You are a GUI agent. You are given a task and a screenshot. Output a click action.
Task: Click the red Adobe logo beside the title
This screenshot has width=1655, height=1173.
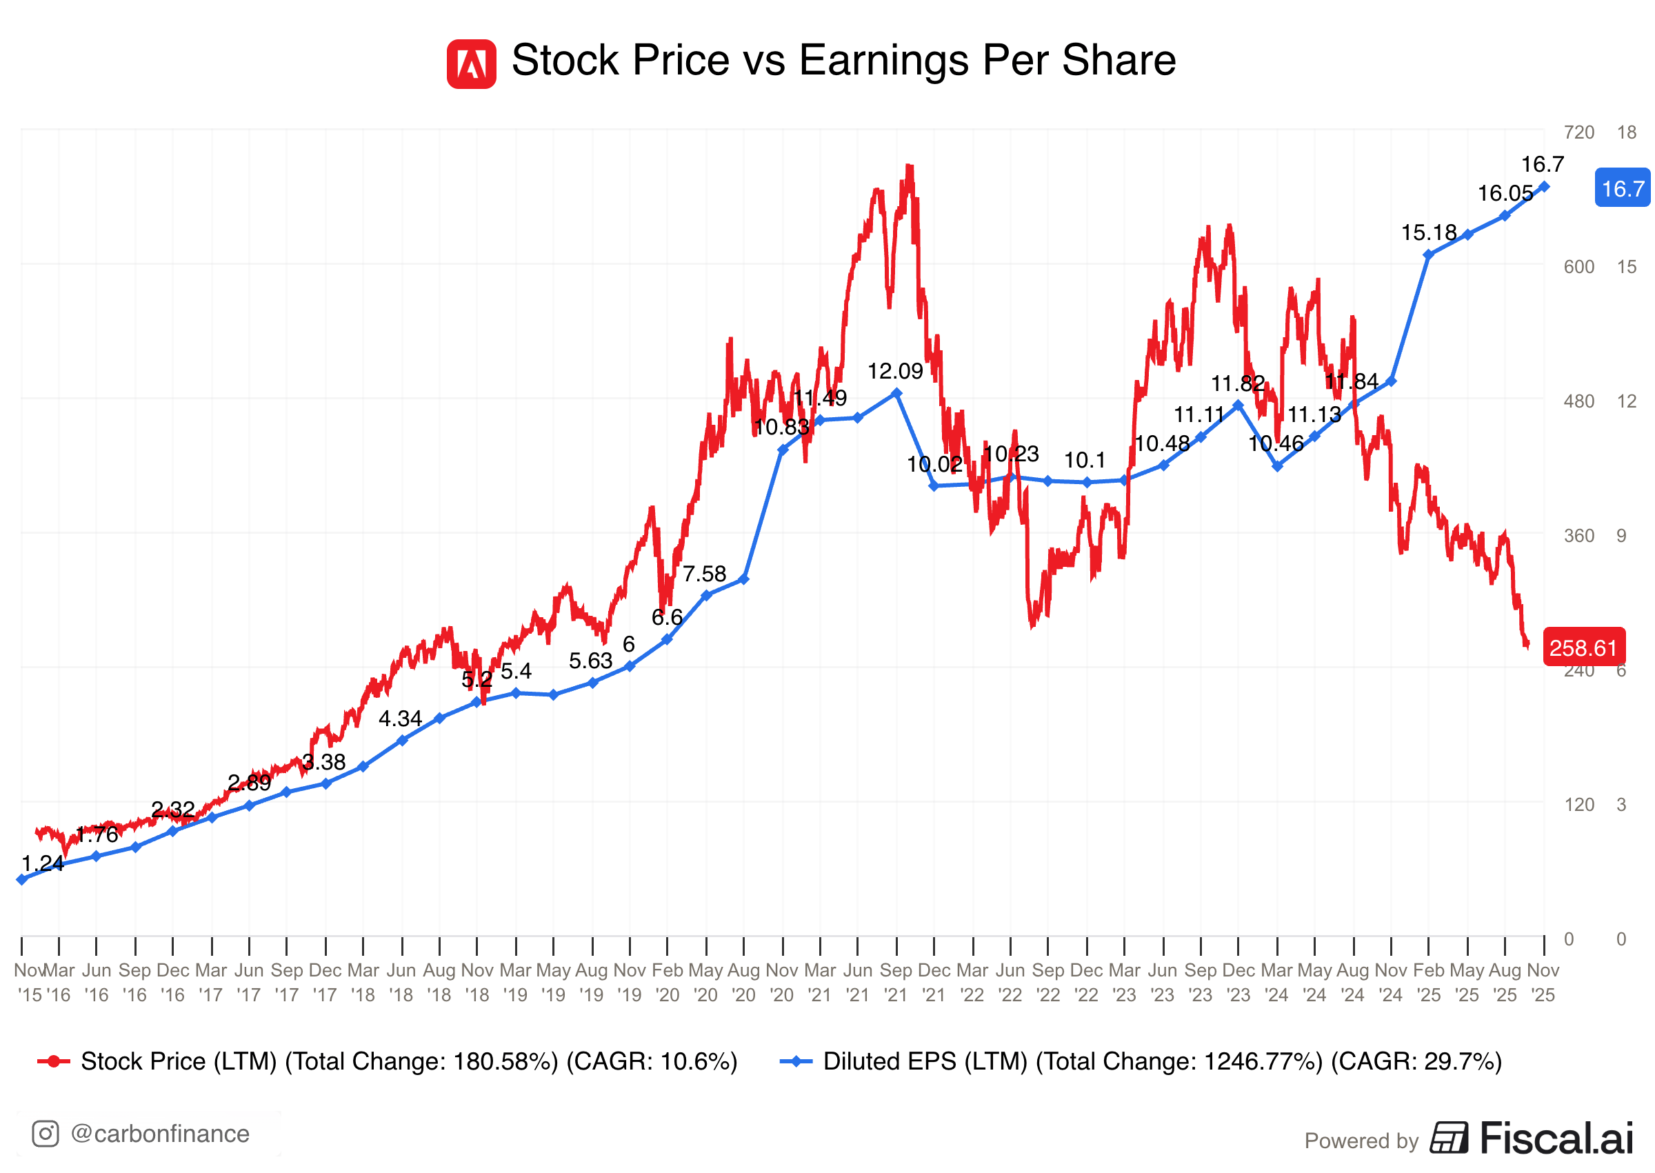[x=471, y=64]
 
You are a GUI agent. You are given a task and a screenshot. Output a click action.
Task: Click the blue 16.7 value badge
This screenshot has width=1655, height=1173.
[x=1621, y=188]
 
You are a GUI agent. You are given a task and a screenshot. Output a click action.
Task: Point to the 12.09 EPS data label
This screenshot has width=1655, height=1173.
[x=894, y=371]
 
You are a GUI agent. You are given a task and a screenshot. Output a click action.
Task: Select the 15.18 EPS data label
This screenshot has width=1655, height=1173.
[x=1428, y=232]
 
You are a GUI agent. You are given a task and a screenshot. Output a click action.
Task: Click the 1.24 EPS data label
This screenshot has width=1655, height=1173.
[x=42, y=863]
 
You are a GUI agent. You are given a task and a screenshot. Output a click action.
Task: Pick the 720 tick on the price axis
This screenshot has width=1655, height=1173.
[x=1578, y=132]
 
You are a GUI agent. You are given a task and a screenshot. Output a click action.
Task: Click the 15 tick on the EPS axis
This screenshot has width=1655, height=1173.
[x=1626, y=268]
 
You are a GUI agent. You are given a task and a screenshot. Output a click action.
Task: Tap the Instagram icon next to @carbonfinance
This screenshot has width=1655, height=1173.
[x=46, y=1133]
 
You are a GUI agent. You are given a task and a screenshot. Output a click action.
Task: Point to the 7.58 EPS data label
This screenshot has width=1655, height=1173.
[x=704, y=574]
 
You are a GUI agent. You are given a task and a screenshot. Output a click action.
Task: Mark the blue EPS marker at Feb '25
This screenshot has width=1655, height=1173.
[x=1428, y=255]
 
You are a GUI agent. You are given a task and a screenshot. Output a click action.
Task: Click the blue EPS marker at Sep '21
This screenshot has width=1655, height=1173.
[x=896, y=393]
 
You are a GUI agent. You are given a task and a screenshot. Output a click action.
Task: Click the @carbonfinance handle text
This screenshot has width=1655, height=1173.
[x=160, y=1134]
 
